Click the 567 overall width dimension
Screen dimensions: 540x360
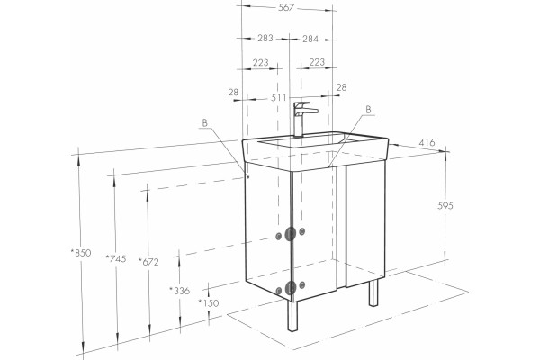coord(286,7)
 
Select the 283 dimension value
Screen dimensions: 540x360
coord(265,38)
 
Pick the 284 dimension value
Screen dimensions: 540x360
coord(310,40)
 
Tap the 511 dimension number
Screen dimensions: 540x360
coord(278,98)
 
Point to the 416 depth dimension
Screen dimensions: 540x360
coord(427,142)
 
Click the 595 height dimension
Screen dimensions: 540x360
coord(445,206)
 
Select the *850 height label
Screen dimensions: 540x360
coord(81,253)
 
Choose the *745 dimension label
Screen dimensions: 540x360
coord(116,258)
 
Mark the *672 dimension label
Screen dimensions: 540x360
coord(148,262)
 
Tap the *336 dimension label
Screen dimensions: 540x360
coord(180,291)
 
